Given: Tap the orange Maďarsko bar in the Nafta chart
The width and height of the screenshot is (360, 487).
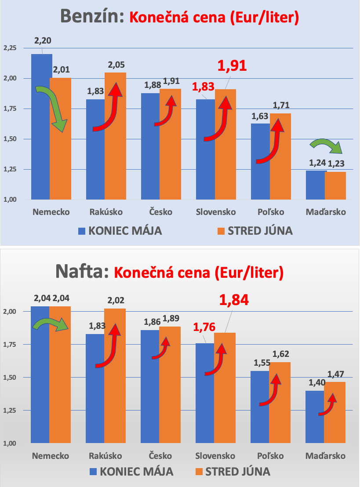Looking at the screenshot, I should (x=335, y=422).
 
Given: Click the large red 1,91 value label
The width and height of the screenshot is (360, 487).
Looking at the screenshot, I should (x=233, y=65).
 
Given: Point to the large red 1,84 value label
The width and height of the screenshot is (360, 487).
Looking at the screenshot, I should (x=234, y=300).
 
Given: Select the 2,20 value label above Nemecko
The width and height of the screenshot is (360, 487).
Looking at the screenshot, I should (x=43, y=41).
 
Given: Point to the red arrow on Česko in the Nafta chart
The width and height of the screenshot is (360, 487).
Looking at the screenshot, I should (x=162, y=349).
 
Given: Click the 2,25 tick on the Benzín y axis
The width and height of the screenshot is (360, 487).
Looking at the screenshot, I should (x=10, y=48).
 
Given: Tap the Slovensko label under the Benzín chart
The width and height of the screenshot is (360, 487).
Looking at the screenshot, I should (x=216, y=212).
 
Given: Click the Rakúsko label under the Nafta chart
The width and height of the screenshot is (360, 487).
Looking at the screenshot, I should (x=105, y=455).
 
